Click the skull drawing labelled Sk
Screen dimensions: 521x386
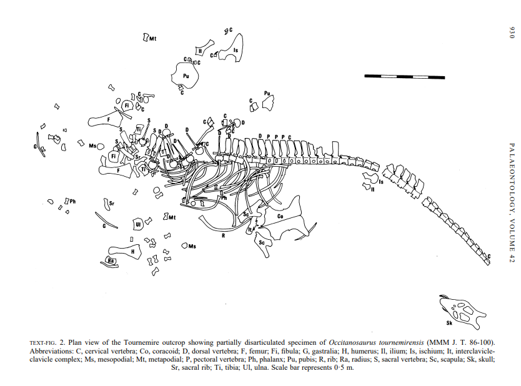[461, 312]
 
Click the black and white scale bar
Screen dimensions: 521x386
[404, 77]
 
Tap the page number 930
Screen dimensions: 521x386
[512, 33]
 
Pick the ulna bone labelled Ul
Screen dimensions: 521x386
[137, 224]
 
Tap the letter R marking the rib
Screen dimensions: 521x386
[223, 235]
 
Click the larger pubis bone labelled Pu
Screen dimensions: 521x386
[185, 76]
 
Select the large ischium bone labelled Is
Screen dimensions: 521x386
[232, 49]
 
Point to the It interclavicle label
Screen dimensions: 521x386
[250, 229]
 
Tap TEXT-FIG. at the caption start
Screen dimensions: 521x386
[42, 343]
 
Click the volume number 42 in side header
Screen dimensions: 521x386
[512, 258]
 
